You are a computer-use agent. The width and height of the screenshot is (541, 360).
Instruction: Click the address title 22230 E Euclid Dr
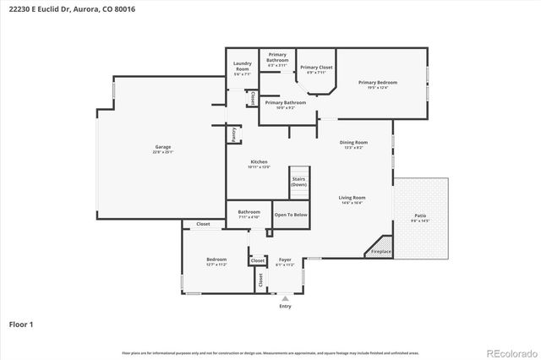(72, 9)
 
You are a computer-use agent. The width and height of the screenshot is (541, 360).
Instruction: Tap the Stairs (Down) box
(298, 182)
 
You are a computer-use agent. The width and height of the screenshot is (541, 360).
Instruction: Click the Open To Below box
(291, 215)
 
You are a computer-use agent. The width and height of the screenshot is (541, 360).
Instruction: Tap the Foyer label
(285, 262)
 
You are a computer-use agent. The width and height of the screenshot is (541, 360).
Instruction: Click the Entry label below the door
(285, 306)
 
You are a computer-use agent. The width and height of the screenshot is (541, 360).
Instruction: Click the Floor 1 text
(21, 324)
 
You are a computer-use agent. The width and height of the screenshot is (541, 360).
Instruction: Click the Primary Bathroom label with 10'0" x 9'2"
(279, 105)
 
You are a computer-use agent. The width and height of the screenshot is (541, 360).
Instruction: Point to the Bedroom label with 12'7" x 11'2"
(216, 262)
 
